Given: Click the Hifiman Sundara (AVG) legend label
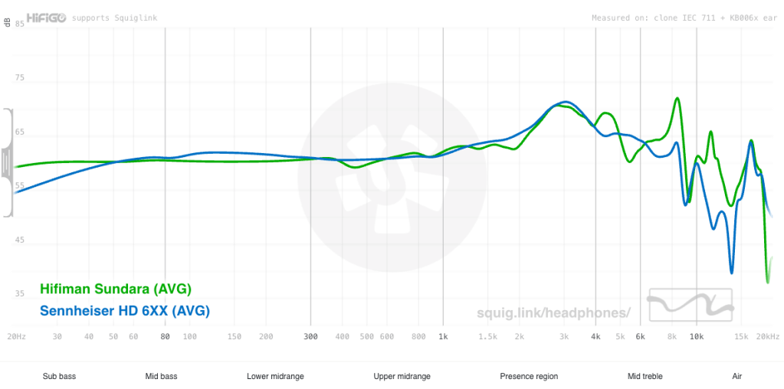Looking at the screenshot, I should click(x=115, y=289).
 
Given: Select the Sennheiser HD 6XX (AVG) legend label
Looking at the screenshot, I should click(x=124, y=311).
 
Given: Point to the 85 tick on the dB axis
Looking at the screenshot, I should click(x=20, y=24).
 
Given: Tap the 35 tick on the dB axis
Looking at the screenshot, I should click(x=20, y=294).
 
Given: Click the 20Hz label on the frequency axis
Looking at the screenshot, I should click(x=16, y=337).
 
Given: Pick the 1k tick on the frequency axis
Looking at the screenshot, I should click(x=443, y=337).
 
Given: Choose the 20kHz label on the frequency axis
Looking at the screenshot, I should click(x=768, y=337).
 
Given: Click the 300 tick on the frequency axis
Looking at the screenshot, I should click(x=310, y=337).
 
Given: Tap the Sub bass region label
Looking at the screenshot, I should click(x=59, y=376).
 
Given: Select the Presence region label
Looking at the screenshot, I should click(x=529, y=376).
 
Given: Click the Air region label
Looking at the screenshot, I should click(x=736, y=376).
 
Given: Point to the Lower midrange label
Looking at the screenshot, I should click(x=275, y=376).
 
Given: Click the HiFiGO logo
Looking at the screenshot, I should click(x=46, y=17).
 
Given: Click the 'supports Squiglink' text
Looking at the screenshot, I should click(x=114, y=18).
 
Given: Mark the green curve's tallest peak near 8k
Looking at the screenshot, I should click(x=677, y=98).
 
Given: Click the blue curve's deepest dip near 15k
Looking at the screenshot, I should click(x=732, y=272).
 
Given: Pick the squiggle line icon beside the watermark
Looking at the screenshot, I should click(x=691, y=305).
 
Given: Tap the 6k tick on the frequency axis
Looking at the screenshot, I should click(x=639, y=337).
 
